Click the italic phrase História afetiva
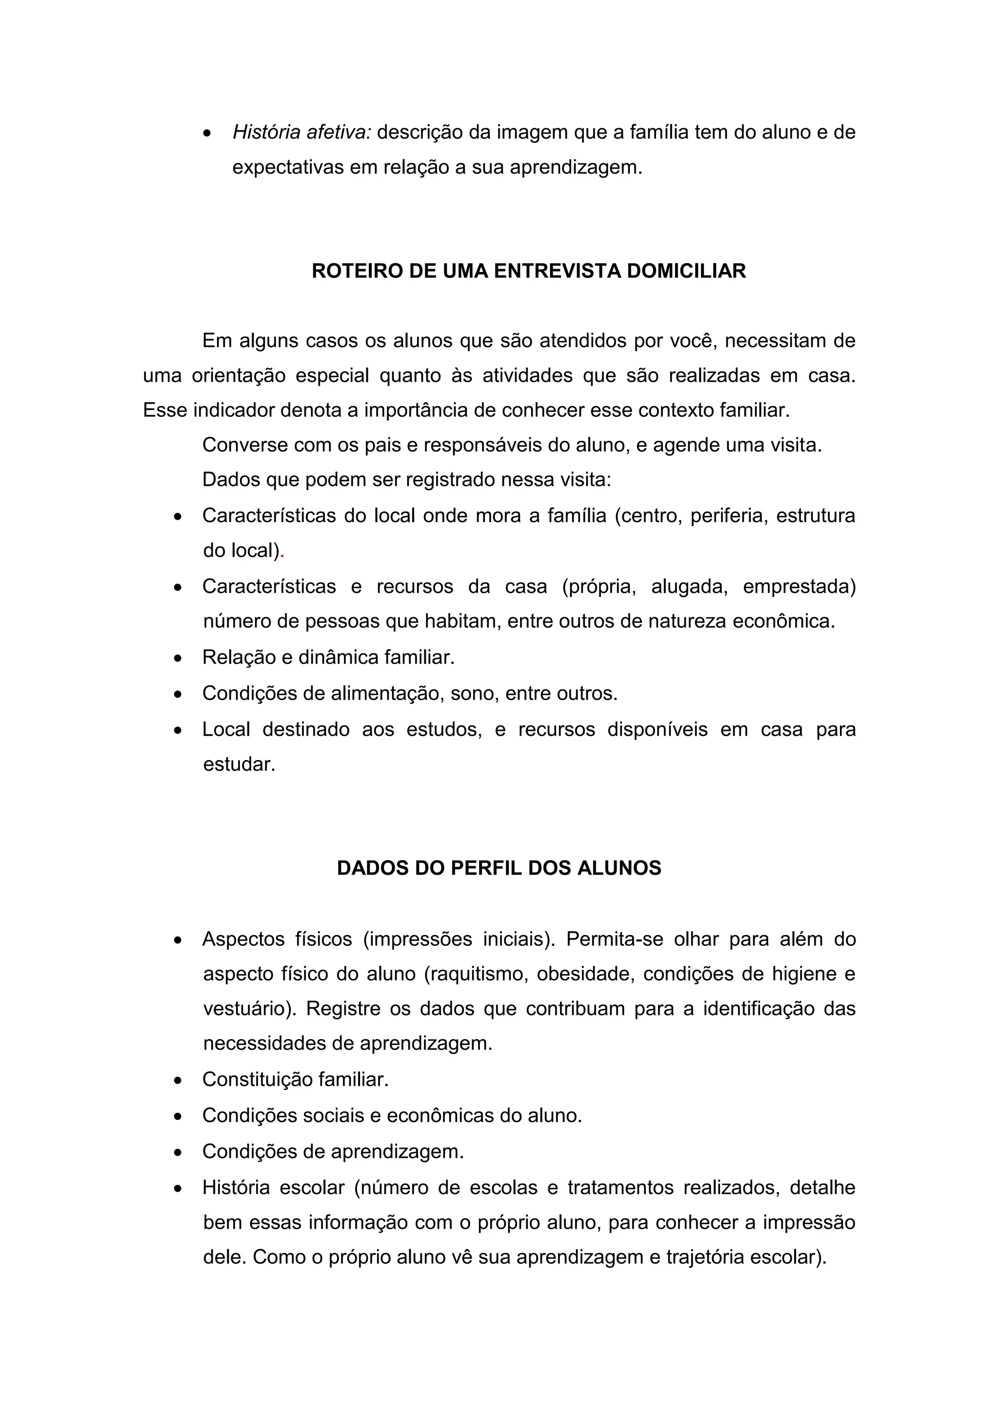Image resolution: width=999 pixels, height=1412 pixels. [301, 132]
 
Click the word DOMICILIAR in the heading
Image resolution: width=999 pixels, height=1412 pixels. [686, 271]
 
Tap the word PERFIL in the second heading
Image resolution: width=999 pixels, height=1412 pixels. [486, 868]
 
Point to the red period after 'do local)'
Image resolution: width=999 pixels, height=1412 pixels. [282, 551]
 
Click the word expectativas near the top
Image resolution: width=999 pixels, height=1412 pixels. [287, 167]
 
